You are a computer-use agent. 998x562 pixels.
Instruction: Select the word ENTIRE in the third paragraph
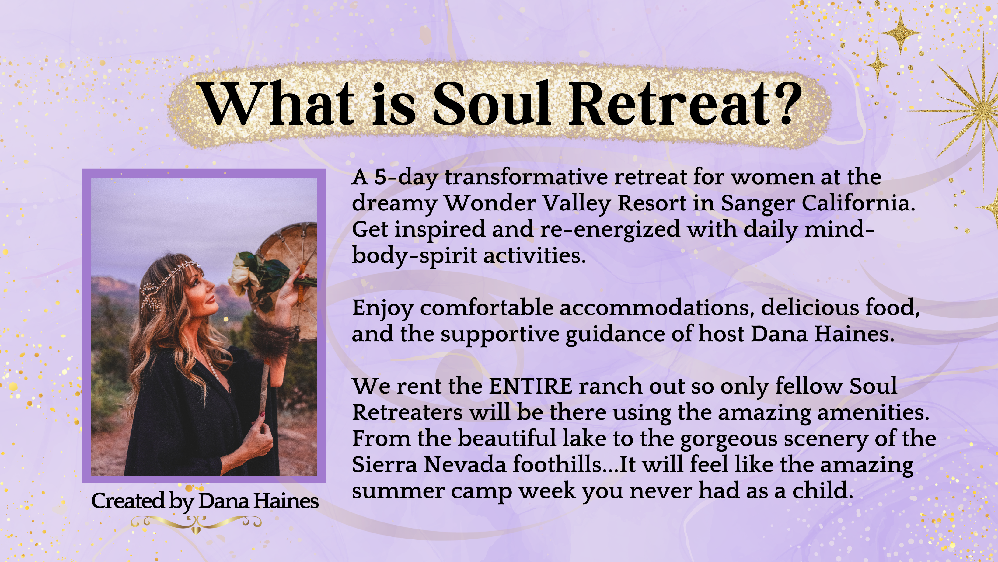(x=531, y=386)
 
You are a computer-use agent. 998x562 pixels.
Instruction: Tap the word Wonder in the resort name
(x=489, y=203)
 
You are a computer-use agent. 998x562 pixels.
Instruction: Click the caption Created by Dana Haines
(x=205, y=501)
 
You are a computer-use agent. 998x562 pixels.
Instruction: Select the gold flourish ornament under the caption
(x=196, y=524)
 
